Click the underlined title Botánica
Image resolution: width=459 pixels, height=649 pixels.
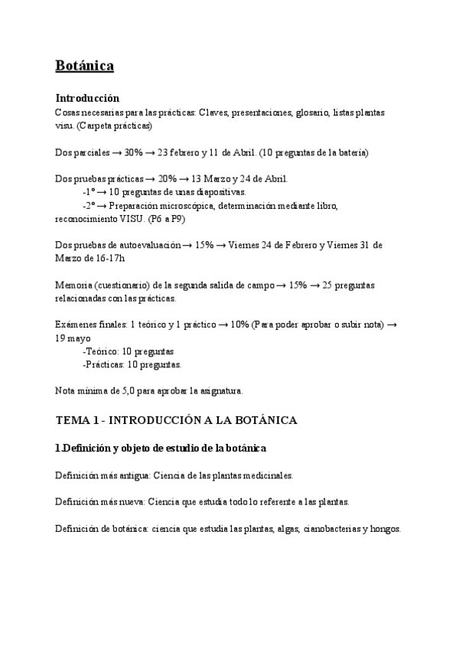[84, 66]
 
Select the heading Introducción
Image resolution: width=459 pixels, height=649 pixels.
[88, 99]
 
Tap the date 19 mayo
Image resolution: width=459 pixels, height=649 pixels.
[73, 338]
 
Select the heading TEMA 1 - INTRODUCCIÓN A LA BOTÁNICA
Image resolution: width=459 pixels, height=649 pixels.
[176, 420]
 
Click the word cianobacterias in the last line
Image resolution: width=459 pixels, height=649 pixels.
[323, 528]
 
